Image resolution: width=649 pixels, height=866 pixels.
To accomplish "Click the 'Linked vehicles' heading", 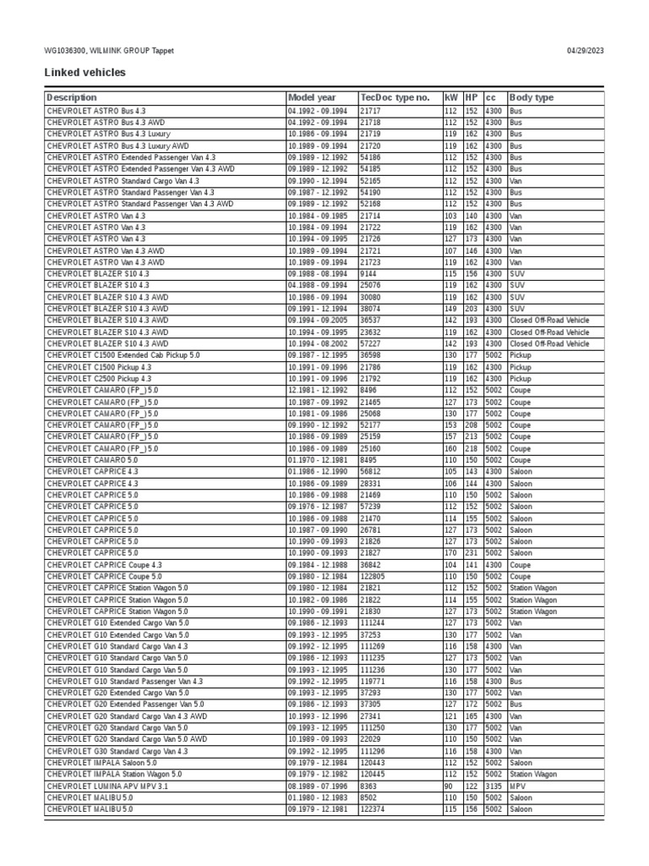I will pos(85,73).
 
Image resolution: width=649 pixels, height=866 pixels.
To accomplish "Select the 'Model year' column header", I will pos(312,98).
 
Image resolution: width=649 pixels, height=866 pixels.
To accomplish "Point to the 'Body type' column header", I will pos(532,98).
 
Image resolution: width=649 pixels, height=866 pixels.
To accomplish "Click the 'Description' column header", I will pos(72,98).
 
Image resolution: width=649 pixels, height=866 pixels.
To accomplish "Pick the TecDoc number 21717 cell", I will pos(370,111).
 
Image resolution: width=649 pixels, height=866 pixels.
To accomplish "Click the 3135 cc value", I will pos(494,786).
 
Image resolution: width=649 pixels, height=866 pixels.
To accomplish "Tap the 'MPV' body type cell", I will pos(517,786).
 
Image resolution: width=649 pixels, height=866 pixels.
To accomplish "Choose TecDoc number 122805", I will pos(374,576).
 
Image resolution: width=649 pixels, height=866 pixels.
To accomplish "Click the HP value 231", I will pos(472,553).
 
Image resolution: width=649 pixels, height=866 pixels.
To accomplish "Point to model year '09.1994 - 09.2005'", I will pos(318,321).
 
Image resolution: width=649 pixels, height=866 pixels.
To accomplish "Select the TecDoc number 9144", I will pos(368,274).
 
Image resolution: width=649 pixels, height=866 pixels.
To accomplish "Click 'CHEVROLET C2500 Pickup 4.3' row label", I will pos(99,379).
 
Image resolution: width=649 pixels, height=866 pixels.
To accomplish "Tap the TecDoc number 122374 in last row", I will pos(374,809).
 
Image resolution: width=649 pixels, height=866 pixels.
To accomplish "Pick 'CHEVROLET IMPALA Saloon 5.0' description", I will pos(101,763).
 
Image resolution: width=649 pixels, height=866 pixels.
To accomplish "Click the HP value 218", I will pos(472,448).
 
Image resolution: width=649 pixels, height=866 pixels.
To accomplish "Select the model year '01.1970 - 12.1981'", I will pos(318,460).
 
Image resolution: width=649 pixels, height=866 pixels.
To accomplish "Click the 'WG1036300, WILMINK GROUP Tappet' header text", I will pos(109,51).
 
